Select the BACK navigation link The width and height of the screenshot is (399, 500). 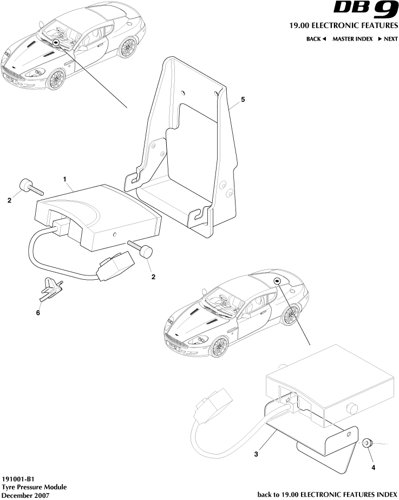click(316, 39)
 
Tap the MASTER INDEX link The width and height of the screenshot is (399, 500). click(352, 39)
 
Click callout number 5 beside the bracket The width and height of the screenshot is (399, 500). click(243, 100)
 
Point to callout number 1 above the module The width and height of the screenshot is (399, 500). click(65, 178)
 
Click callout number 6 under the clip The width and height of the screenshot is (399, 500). click(38, 312)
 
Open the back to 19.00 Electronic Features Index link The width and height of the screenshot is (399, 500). click(327, 495)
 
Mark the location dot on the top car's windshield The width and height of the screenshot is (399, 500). click(56, 42)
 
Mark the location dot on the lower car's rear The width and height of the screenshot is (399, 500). click(277, 280)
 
